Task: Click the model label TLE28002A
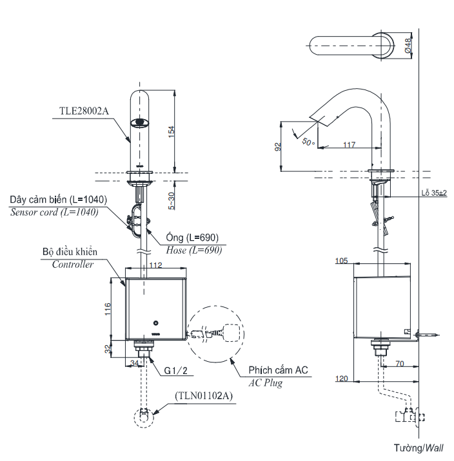tap(84, 110)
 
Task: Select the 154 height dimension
tap(171, 130)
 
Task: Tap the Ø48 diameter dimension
tap(408, 45)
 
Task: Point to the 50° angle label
tap(308, 141)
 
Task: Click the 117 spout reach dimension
tap(348, 145)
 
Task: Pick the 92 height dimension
tap(278, 146)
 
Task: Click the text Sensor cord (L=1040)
tap(54, 212)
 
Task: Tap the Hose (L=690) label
tap(193, 250)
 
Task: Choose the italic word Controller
tap(73, 264)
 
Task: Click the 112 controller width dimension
tap(155, 265)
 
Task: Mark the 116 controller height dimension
tap(108, 310)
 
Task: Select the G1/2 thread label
tap(176, 372)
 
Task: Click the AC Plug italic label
tap(265, 382)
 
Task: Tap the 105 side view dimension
tap(342, 261)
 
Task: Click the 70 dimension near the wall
tap(399, 363)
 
